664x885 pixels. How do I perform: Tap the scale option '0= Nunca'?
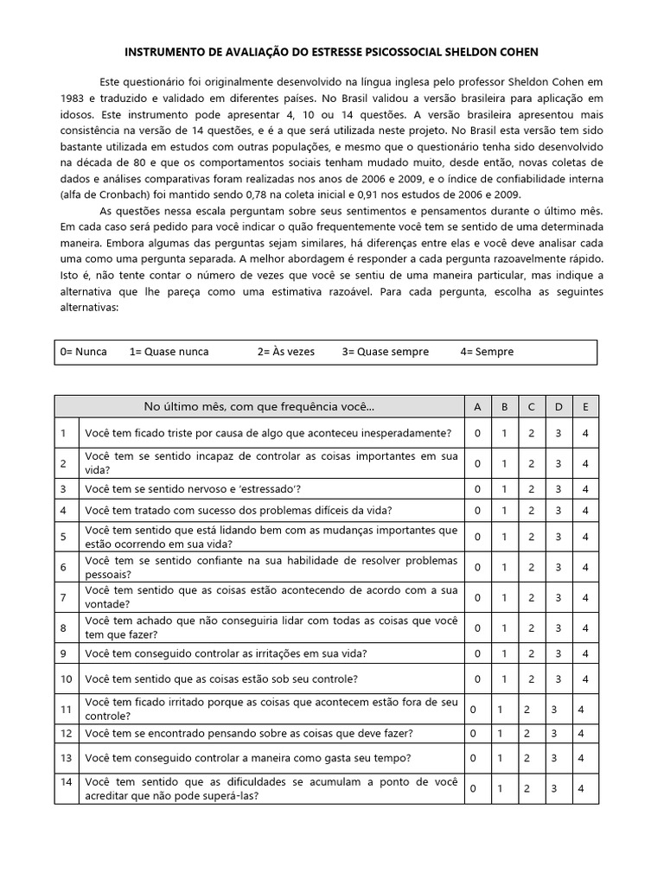click(84, 352)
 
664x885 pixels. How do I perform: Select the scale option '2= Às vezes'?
click(286, 352)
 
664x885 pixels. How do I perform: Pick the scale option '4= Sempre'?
click(488, 352)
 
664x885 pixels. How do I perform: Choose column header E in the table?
click(585, 407)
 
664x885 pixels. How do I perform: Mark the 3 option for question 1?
click(559, 432)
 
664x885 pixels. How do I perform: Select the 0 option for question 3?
click(477, 489)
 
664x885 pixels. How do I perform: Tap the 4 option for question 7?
click(585, 597)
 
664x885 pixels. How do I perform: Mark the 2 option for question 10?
click(531, 678)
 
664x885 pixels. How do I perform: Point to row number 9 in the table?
click(64, 653)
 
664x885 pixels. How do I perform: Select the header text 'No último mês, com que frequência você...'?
click(259, 407)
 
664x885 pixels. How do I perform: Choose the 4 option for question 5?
click(585, 537)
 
